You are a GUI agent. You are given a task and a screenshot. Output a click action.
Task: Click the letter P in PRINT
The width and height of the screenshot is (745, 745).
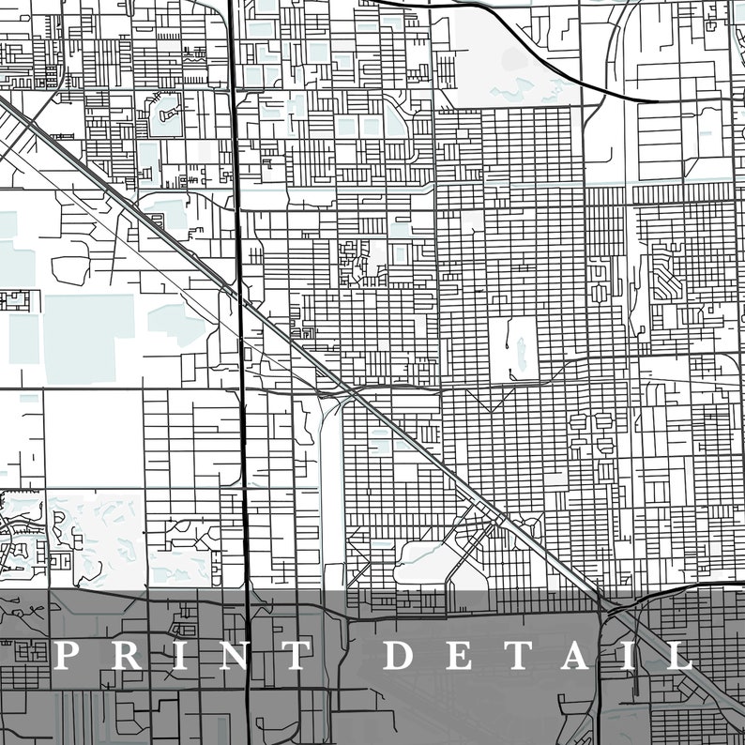(x=66, y=655)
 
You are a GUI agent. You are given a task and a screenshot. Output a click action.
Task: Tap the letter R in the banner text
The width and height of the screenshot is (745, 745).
(x=127, y=655)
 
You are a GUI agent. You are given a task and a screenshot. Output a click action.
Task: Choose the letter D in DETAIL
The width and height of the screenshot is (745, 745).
(x=402, y=655)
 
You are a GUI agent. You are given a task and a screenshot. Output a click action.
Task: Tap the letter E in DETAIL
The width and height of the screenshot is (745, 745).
(x=463, y=655)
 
